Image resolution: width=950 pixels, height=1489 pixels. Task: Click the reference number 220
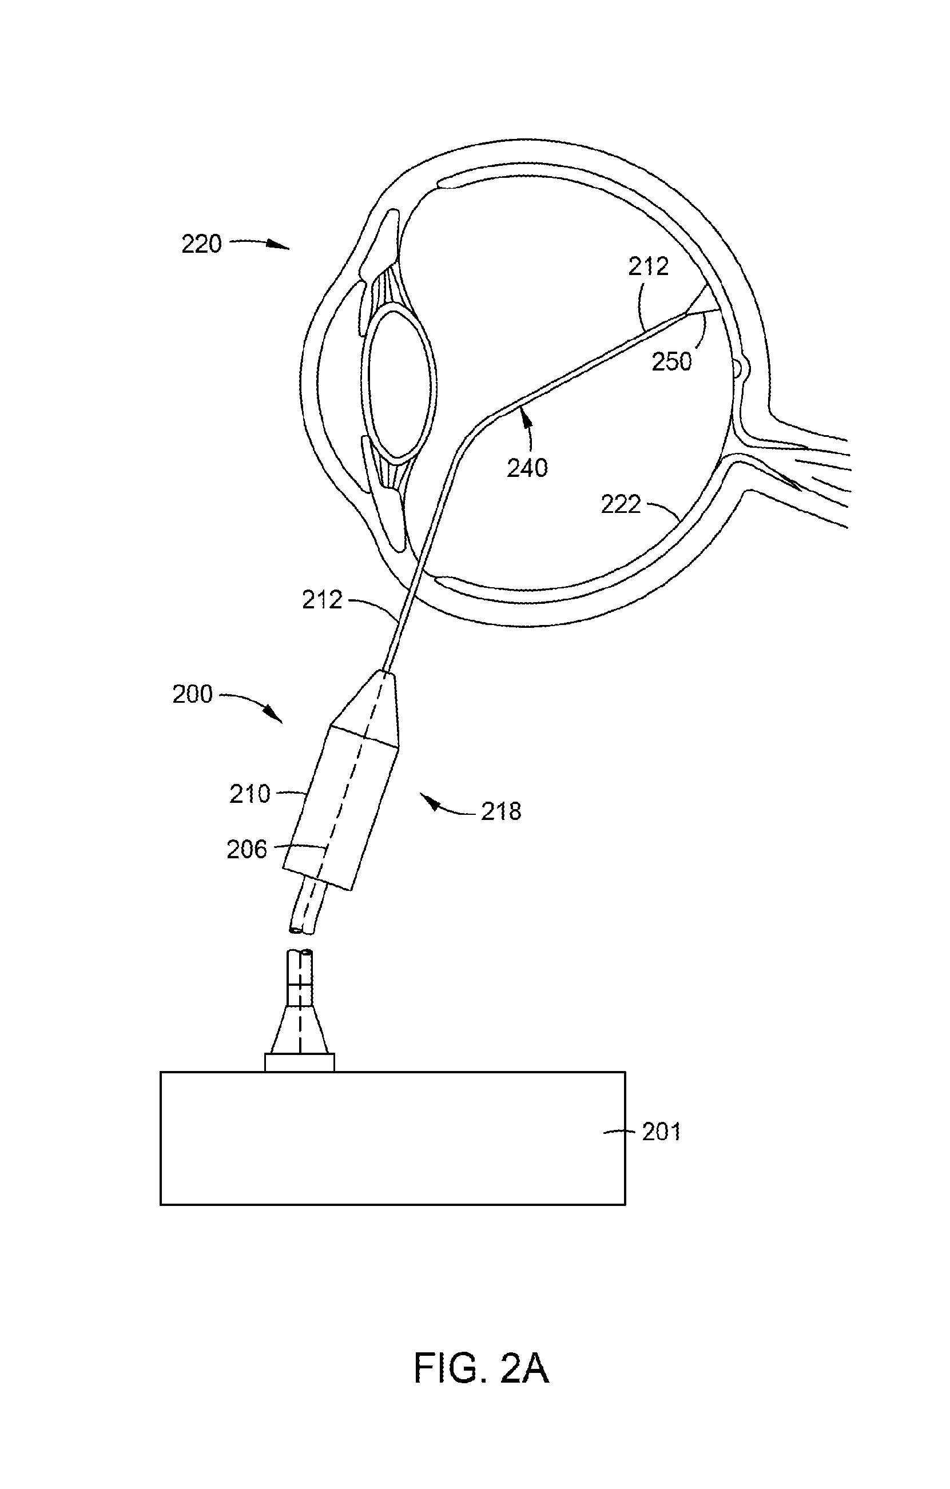(202, 244)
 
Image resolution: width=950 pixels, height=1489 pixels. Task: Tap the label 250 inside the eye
(671, 362)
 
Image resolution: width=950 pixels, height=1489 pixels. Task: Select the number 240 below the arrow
(527, 468)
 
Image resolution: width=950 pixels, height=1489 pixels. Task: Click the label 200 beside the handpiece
(192, 694)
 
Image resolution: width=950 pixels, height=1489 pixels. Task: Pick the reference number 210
(250, 794)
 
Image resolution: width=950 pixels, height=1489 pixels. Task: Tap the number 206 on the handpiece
(247, 850)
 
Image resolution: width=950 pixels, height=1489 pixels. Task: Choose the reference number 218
(502, 811)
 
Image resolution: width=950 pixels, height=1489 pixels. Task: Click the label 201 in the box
(662, 1132)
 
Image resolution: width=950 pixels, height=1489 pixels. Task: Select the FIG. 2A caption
(481, 1368)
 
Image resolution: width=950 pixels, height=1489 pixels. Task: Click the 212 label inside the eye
(649, 266)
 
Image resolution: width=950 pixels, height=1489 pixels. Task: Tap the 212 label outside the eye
(322, 600)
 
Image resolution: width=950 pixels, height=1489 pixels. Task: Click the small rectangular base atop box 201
(299, 1062)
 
